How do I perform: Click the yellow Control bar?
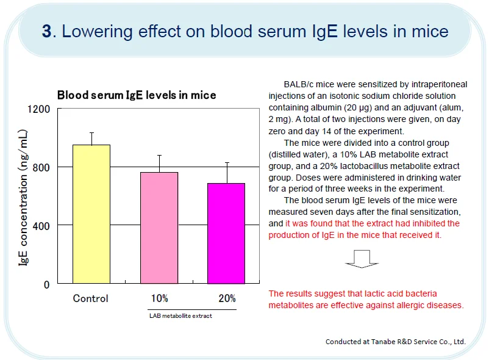pyautogui.click(x=91, y=214)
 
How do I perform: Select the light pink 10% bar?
pyautogui.click(x=159, y=228)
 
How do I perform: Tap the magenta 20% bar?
pyautogui.click(x=226, y=233)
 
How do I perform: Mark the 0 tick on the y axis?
pyautogui.click(x=46, y=284)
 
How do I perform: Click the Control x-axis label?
pyautogui.click(x=91, y=298)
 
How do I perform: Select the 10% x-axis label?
pyautogui.click(x=160, y=298)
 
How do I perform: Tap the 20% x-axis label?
pyautogui.click(x=227, y=298)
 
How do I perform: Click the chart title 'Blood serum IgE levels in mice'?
pyautogui.click(x=137, y=95)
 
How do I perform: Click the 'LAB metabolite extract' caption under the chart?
pyautogui.click(x=181, y=316)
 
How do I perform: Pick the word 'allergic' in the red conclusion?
pyautogui.click(x=397, y=305)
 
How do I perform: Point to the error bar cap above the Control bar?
pyautogui.click(x=91, y=132)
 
